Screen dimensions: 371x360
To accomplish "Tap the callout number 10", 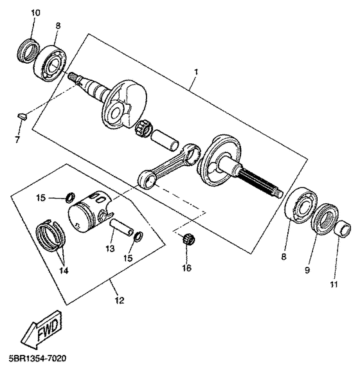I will pos(35,13).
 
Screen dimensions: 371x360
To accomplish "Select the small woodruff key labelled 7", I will pos(20,116).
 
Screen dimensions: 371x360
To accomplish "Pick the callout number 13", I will pos(111,248).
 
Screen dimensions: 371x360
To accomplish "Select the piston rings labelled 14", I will pos(50,235).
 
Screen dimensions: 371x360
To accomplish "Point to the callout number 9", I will pos(307,271).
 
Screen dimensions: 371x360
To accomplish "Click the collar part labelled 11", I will pos(343,228).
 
